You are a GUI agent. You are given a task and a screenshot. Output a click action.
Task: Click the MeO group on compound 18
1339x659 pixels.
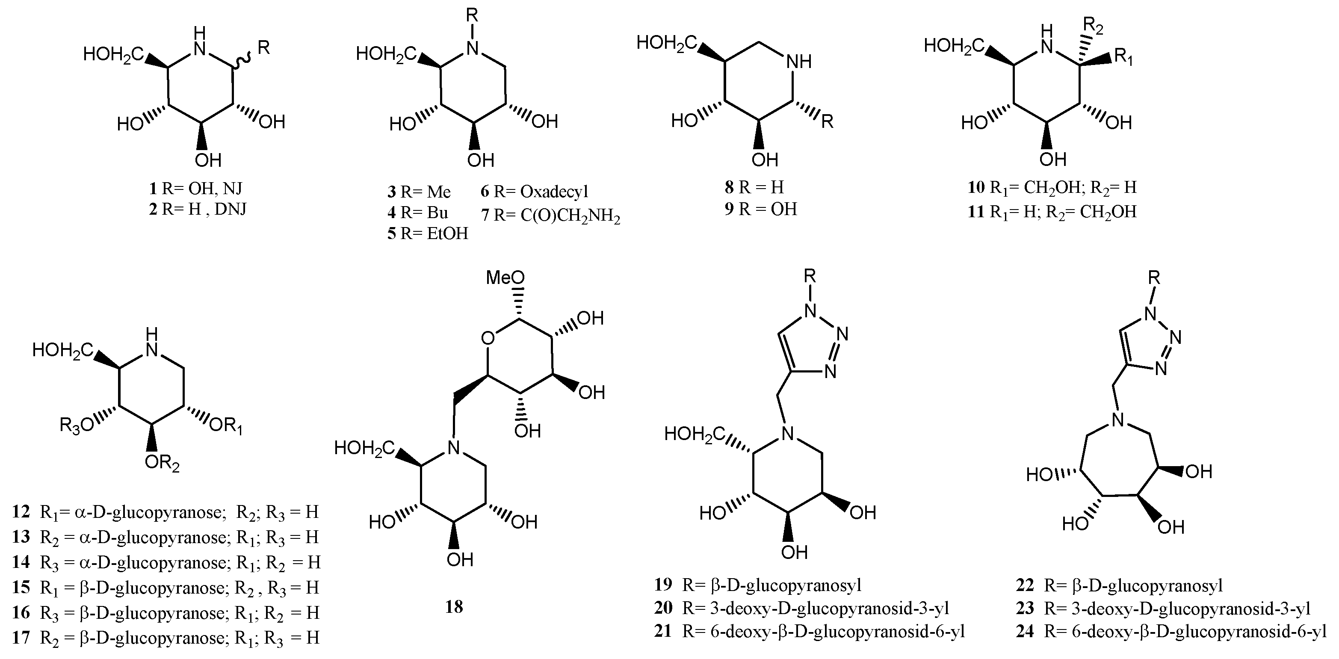point(505,278)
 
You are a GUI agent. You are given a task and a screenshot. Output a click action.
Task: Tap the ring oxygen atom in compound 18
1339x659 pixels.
point(488,339)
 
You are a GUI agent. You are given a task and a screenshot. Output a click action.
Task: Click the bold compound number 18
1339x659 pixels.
point(454,606)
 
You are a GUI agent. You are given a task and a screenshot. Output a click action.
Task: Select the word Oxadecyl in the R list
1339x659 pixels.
point(554,192)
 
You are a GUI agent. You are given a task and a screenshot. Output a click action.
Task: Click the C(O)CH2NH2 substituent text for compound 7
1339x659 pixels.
point(570,215)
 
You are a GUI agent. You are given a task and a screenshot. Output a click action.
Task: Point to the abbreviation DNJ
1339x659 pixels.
point(230,209)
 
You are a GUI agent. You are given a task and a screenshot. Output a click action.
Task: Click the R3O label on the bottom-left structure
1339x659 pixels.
point(77,425)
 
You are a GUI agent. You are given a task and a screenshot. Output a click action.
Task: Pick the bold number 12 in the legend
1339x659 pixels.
point(21,512)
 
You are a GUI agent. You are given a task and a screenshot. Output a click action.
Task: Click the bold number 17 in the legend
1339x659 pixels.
point(21,637)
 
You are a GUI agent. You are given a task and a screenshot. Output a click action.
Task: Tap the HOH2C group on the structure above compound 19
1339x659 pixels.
point(695,434)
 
